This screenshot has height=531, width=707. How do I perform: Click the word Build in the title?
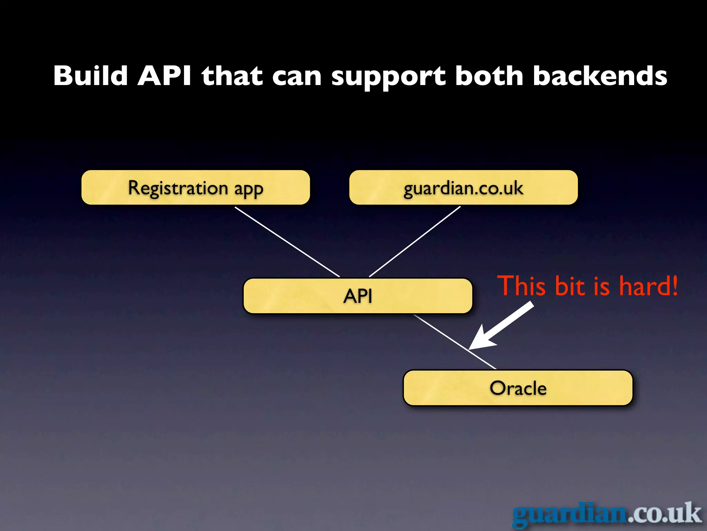pos(90,76)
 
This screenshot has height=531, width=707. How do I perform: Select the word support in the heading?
pos(388,77)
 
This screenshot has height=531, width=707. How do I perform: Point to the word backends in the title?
pos(600,76)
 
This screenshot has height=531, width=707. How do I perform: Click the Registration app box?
pos(195,188)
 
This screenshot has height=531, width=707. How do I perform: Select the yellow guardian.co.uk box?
pos(463,188)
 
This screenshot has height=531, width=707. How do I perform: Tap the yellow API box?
pos(358,296)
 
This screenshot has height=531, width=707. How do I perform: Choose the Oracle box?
pos(518,388)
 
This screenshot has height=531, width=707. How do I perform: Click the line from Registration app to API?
pos(287,242)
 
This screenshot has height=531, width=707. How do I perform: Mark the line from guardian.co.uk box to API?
pos(415,242)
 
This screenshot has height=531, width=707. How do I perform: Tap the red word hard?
pos(648,286)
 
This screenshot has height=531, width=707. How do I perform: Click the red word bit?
pos(570,286)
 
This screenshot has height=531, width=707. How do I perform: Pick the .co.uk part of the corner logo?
pos(665,514)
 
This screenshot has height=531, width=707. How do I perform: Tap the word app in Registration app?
pos(249,189)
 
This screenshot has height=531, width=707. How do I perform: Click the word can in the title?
pos(297,77)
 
